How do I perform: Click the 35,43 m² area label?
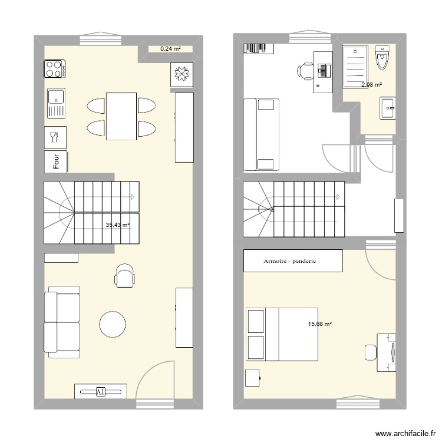(117, 225)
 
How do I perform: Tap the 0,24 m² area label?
(170, 50)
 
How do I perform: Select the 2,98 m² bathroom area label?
(371, 85)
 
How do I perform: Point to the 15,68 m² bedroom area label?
(320, 324)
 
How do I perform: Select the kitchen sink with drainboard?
(55, 103)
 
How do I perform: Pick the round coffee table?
(113, 323)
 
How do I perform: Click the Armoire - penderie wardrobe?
(293, 260)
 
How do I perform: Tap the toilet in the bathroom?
(383, 59)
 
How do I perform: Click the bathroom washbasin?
(388, 108)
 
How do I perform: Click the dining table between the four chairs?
(121, 116)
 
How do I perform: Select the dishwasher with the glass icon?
(55, 137)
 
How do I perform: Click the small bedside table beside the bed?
(253, 377)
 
